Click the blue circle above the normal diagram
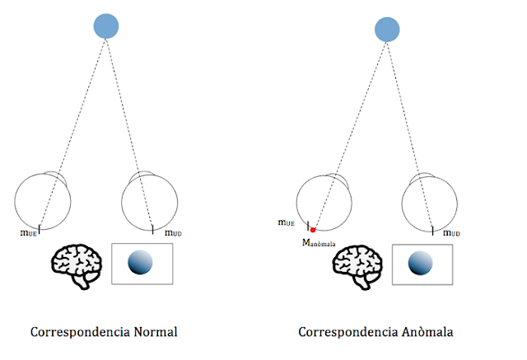tap(106, 26)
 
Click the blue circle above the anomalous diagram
tap(387, 30)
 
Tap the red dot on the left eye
tap(312, 230)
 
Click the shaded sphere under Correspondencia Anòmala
tap(422, 264)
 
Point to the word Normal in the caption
tap(150, 333)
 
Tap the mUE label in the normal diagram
tap(29, 233)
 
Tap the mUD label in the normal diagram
tap(173, 233)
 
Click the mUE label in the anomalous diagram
tap(287, 222)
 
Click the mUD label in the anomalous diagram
tap(452, 233)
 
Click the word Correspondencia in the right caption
tap(347, 333)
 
